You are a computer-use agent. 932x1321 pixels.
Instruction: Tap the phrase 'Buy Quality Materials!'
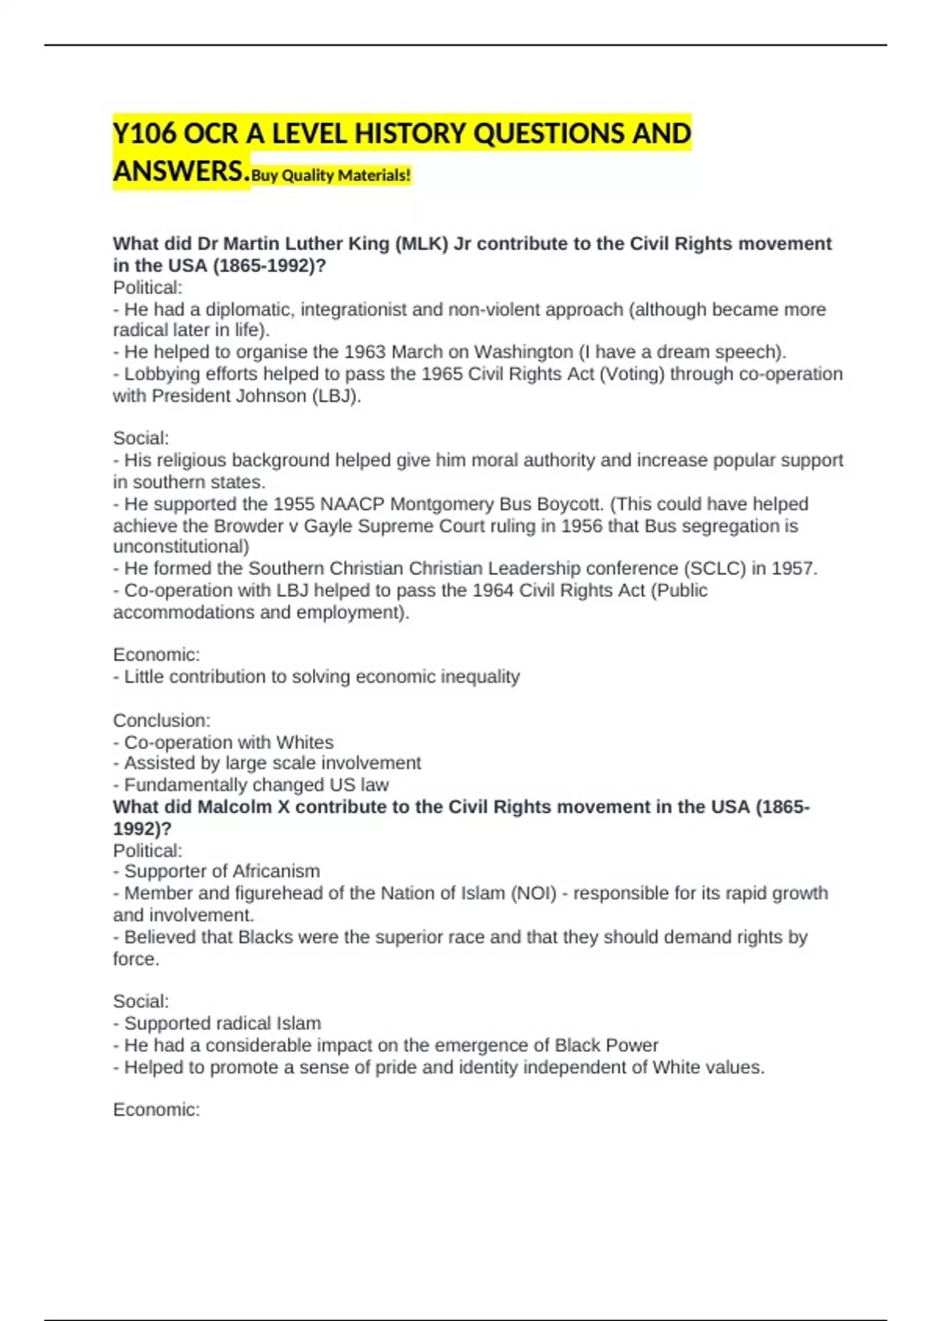[x=331, y=176]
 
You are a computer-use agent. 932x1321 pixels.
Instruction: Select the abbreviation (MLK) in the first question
[x=422, y=244]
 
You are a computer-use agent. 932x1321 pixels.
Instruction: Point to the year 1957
[x=794, y=569]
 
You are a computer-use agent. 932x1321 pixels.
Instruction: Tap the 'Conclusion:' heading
[x=162, y=720]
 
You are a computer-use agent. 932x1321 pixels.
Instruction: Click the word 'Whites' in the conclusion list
[x=304, y=742]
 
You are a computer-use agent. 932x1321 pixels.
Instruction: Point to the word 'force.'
[x=136, y=959]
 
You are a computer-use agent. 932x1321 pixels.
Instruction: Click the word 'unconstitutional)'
[x=181, y=547]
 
